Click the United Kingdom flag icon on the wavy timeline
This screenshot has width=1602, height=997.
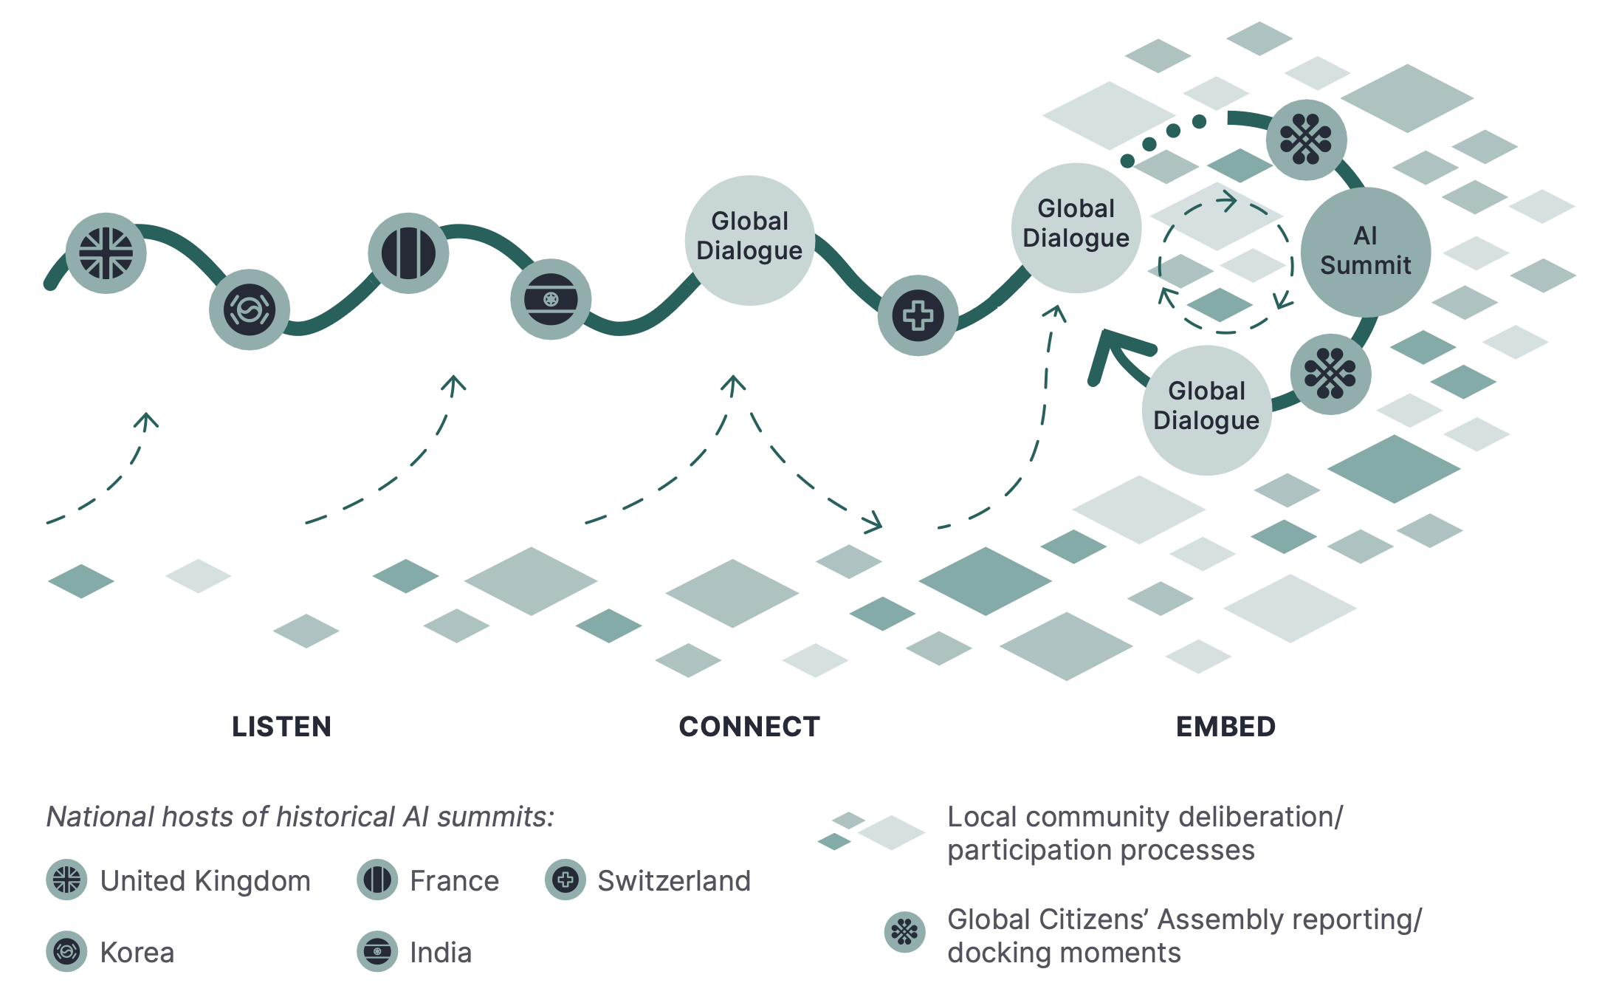[x=106, y=253]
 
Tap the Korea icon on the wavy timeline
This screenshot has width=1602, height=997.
[x=250, y=309]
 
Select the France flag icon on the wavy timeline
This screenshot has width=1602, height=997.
[x=408, y=253]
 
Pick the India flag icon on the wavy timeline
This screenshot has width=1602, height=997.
[x=551, y=299]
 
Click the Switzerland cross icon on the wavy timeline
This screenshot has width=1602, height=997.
[x=918, y=315]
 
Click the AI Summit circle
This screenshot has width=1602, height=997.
[x=1366, y=252]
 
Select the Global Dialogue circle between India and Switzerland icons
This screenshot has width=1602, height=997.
[x=749, y=240]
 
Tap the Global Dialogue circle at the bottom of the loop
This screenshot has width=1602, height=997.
[x=1207, y=410]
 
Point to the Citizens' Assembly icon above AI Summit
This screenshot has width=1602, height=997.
[x=1306, y=140]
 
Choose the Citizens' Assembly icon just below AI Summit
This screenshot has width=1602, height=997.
[x=1330, y=374]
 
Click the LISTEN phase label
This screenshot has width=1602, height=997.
[x=281, y=727]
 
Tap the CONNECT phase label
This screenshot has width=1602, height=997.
[x=749, y=727]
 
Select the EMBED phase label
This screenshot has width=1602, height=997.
[x=1225, y=727]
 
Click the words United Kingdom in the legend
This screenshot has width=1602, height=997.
[x=205, y=881]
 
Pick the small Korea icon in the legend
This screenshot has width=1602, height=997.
[x=66, y=951]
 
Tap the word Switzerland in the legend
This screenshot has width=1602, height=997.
[x=674, y=881]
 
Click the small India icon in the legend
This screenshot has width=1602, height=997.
[x=377, y=951]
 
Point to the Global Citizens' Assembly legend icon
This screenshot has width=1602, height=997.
[x=904, y=932]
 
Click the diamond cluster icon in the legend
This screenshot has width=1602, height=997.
[x=871, y=831]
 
